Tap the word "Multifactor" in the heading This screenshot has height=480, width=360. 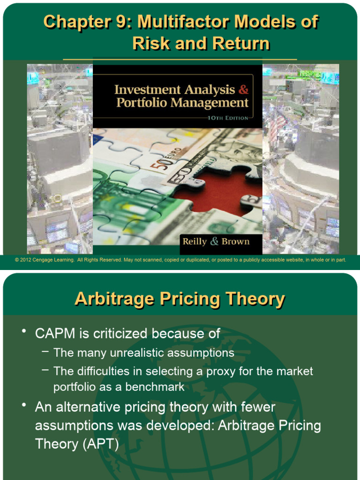tap(183, 22)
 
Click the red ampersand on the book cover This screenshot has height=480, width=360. tap(244, 89)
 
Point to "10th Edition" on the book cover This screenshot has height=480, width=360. tap(228, 118)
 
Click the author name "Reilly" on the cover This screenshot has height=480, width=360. tap(195, 242)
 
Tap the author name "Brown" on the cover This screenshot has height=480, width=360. tap(236, 242)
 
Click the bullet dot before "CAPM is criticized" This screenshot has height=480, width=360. tap(23, 331)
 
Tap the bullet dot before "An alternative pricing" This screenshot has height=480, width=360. tap(23, 405)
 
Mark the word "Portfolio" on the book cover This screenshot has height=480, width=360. tap(141, 103)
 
